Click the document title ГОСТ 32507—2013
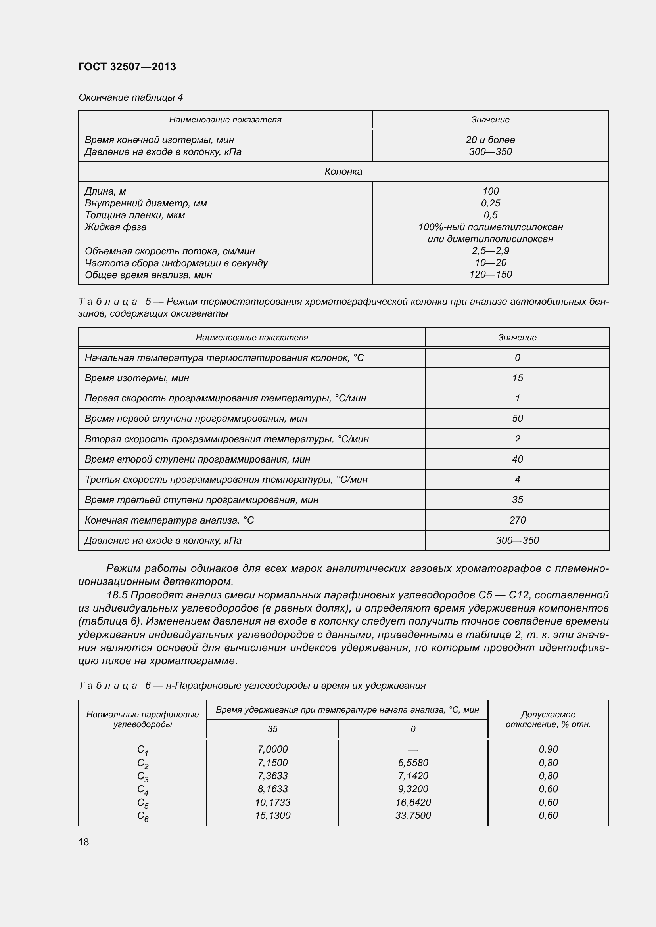point(127,67)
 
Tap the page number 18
point(84,842)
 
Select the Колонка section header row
point(343,172)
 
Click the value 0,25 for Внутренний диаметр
point(490,203)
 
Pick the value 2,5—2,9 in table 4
point(490,251)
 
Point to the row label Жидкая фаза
point(115,227)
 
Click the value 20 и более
point(490,140)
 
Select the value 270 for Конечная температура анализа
point(517,520)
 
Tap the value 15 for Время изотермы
point(517,378)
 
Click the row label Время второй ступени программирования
point(197,459)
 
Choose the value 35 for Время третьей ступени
point(517,499)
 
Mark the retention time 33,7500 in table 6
point(413,815)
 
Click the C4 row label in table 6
point(143,789)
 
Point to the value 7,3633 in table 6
point(272,776)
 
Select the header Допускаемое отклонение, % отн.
point(548,719)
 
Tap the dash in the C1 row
point(413,750)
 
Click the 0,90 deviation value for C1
point(548,749)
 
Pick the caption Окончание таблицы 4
point(130,97)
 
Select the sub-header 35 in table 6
point(272,729)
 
